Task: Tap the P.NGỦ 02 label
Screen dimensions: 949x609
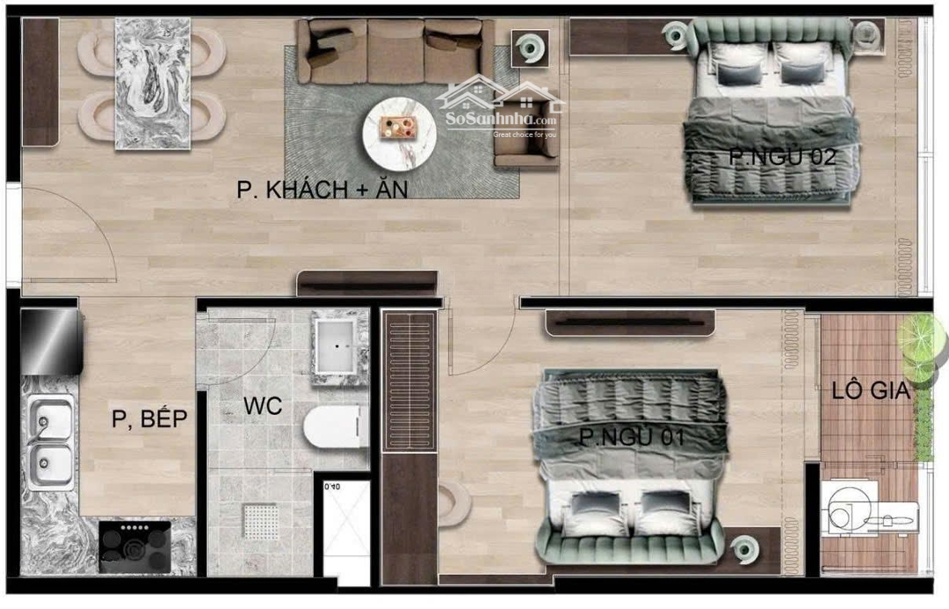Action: (x=782, y=156)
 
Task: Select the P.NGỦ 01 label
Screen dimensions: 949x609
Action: (x=632, y=437)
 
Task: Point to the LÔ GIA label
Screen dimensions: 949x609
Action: (x=871, y=390)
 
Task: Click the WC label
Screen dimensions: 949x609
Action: (x=263, y=406)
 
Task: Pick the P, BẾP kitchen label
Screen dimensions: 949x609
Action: (x=149, y=418)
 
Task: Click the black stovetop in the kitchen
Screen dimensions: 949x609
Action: (x=134, y=547)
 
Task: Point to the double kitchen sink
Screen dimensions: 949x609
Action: (x=51, y=442)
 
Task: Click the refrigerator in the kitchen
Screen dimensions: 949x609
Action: (x=51, y=342)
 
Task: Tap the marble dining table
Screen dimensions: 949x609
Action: (x=153, y=83)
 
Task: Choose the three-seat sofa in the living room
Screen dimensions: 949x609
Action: (x=395, y=50)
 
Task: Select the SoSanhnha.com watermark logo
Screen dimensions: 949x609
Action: (x=500, y=109)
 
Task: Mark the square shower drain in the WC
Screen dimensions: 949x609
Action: (x=261, y=521)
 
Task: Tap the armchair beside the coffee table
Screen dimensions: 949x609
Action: (x=525, y=130)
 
